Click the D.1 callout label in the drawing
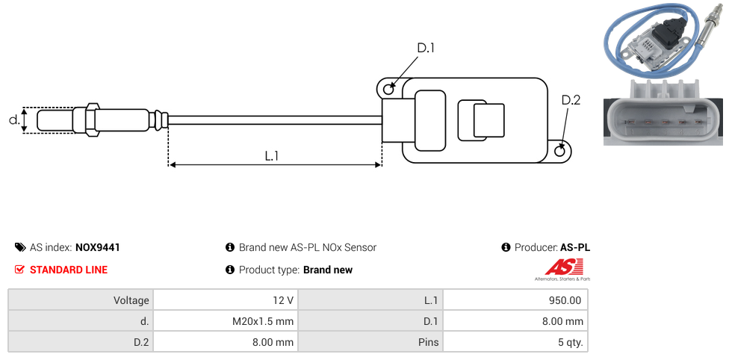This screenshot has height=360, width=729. pos(426,48)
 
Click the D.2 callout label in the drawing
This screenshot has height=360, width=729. pos(571,100)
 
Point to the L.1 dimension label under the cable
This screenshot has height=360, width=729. pos(272,155)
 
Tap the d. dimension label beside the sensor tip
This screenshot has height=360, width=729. pos(14,120)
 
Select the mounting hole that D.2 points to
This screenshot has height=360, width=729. pos(560,150)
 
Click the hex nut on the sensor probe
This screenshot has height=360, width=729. pos(92,120)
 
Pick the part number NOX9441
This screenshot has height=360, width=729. pos(98,247)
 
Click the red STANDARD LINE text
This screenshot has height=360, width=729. pos(69,270)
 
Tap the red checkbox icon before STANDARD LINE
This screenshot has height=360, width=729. pos(19,270)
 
